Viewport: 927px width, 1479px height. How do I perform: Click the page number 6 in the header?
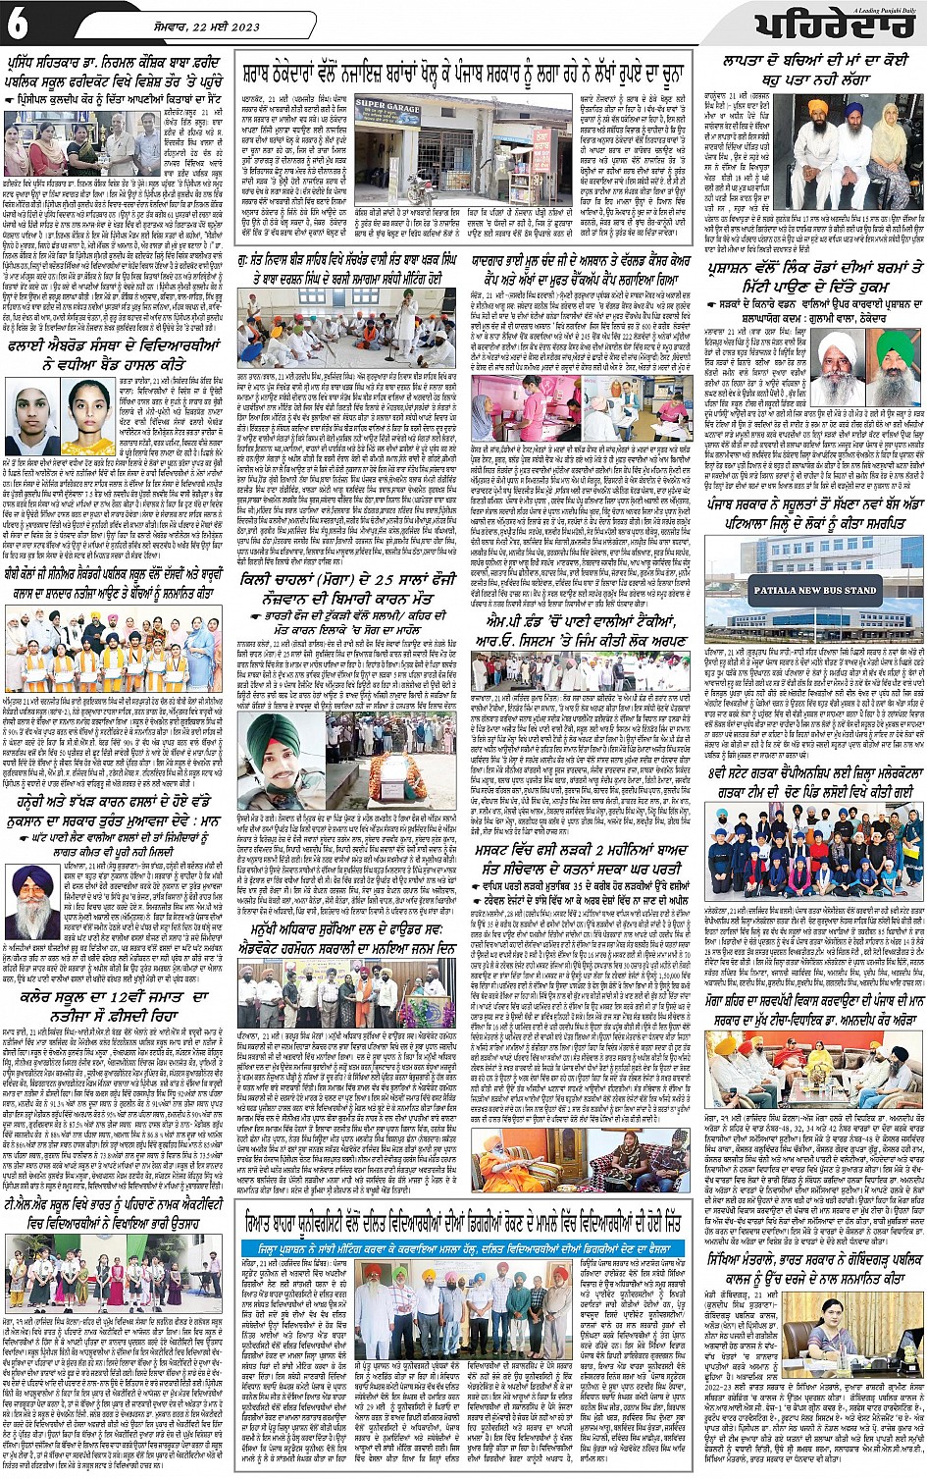(x=17, y=26)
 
